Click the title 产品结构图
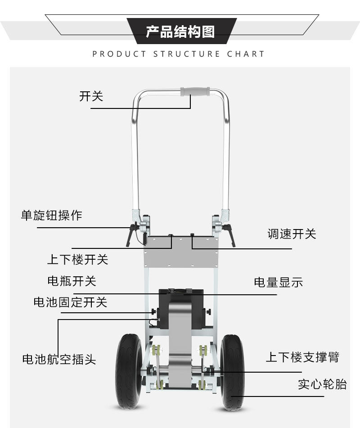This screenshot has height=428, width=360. click(x=180, y=32)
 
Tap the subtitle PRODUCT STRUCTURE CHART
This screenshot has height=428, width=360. click(x=179, y=54)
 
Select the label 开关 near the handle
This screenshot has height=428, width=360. click(x=91, y=96)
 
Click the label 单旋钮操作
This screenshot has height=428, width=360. click(x=52, y=215)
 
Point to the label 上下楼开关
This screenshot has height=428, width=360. click(x=77, y=259)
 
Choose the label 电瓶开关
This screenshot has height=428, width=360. click(x=72, y=281)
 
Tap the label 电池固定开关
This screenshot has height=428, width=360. click(x=71, y=302)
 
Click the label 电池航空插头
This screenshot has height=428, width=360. click(x=59, y=359)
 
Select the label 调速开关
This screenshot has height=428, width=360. click(x=292, y=234)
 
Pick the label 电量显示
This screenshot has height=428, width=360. click(x=279, y=282)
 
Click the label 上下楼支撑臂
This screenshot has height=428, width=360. click(x=302, y=357)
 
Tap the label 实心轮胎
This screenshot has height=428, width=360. click(x=322, y=384)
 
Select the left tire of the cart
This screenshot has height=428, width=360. click(x=130, y=371)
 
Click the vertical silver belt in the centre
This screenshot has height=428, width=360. click(x=181, y=342)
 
